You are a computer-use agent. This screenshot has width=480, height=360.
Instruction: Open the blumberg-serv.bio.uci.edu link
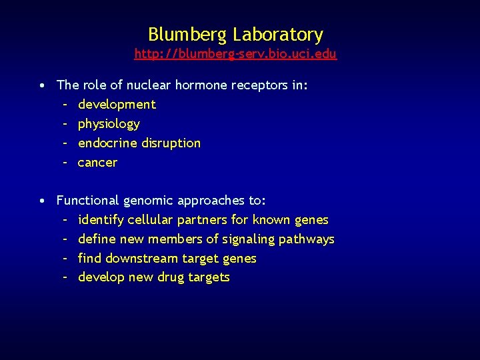235,54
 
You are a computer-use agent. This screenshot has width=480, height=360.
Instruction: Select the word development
117,105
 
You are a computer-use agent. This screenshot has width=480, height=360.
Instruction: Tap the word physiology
109,124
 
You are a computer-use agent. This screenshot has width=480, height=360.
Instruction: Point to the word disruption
171,143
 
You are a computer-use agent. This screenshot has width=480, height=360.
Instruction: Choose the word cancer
97,163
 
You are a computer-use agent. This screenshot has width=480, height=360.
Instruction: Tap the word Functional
88,201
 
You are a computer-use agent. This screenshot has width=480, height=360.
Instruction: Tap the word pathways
309,239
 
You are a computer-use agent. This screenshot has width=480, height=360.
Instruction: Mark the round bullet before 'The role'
42,86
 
